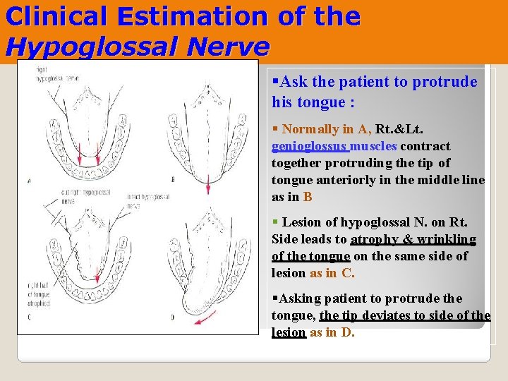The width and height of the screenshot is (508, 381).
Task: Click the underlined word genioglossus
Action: (x=310, y=147)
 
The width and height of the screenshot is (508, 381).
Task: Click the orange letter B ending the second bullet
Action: (x=308, y=198)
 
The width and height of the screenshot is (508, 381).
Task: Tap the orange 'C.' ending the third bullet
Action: (x=348, y=274)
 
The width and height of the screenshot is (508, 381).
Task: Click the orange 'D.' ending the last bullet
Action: (x=348, y=332)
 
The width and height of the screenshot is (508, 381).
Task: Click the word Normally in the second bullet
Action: (x=310, y=130)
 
